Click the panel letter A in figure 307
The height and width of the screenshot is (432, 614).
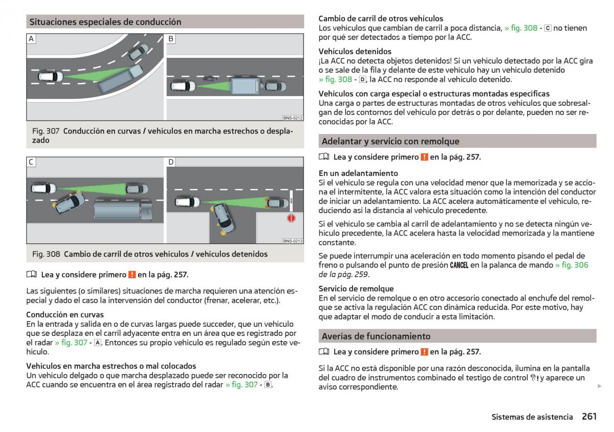(31, 39)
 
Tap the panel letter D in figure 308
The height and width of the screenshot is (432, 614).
(171, 162)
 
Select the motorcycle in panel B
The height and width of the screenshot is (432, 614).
(208, 79)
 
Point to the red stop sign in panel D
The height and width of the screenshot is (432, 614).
(291, 219)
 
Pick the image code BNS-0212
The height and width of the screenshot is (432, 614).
(293, 118)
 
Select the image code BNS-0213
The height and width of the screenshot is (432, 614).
(293, 241)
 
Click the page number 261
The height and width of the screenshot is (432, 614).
(589, 417)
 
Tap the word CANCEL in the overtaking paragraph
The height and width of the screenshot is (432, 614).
(459, 265)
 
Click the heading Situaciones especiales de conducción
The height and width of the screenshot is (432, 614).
(105, 22)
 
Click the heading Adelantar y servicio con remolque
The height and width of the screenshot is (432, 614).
(390, 141)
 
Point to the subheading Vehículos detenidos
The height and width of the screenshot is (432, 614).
(355, 51)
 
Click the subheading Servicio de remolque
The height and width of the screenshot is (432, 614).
(356, 288)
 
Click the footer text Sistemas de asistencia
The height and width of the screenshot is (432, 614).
(532, 417)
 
